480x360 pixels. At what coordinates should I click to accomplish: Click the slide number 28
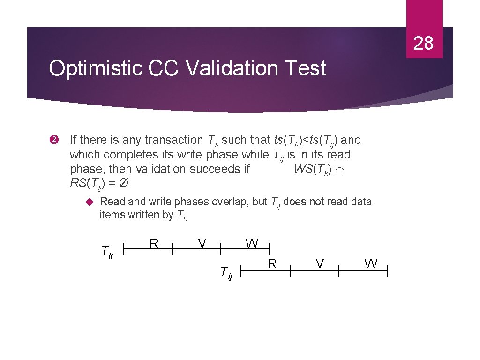tap(424, 43)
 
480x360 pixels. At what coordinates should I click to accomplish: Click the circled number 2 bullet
tap(53, 140)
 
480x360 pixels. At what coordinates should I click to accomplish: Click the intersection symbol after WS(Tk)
tap(340, 170)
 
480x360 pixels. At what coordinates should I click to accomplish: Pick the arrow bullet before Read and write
tap(91, 202)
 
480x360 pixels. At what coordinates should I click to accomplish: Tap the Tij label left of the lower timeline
tap(227, 272)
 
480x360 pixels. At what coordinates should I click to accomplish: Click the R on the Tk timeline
tap(153, 243)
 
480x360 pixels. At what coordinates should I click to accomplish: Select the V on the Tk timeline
tap(202, 243)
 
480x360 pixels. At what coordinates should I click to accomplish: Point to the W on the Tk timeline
tap(252, 243)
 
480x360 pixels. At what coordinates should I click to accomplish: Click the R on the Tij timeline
tap(272, 263)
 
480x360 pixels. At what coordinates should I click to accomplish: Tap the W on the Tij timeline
tap(371, 264)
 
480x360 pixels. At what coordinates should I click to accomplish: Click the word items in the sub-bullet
tap(112, 215)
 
